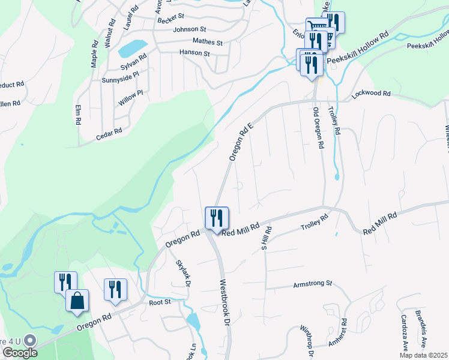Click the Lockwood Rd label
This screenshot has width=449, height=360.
point(371,94)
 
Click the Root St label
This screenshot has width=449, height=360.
point(160,302)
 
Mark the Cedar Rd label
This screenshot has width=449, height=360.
point(109,134)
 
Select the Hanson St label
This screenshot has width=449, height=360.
point(194,53)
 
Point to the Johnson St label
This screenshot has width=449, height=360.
point(190,29)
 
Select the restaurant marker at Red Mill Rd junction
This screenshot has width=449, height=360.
point(217,218)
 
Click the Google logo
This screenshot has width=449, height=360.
point(19,352)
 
